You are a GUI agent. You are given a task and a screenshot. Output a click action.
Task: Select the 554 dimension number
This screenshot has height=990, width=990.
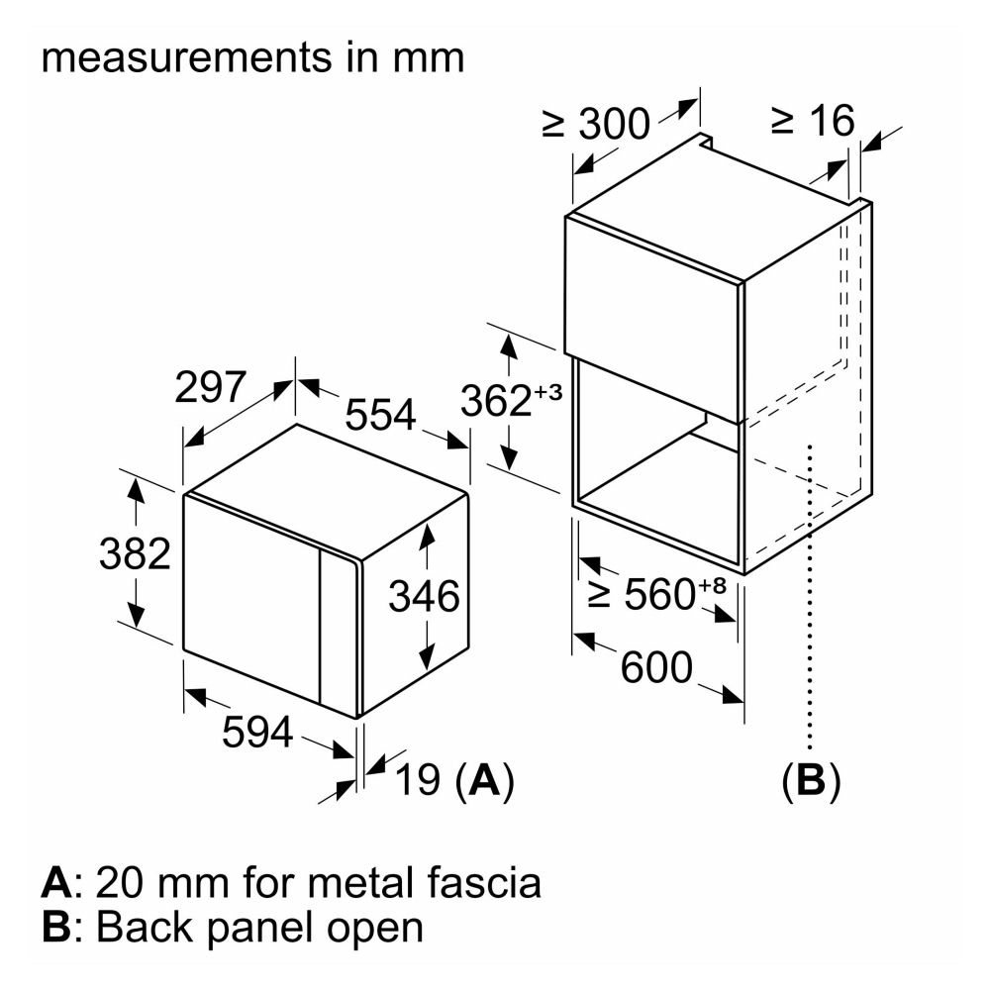(x=380, y=415)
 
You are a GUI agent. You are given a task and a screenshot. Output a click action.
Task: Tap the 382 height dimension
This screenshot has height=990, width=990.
(x=135, y=553)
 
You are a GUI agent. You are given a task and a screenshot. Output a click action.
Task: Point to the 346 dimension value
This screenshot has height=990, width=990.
(x=424, y=597)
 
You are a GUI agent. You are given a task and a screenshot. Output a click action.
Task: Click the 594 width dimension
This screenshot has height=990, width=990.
(x=256, y=732)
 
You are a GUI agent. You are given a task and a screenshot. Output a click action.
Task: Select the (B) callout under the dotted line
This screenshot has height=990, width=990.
(x=811, y=781)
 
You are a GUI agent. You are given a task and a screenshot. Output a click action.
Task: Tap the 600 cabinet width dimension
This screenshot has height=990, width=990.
(x=656, y=668)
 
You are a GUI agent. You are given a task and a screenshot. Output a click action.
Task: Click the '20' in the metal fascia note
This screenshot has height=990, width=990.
(x=124, y=881)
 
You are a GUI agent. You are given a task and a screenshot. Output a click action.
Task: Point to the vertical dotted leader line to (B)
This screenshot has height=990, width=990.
(x=811, y=594)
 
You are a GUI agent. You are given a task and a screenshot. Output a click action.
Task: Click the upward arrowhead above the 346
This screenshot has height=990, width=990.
(x=427, y=536)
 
